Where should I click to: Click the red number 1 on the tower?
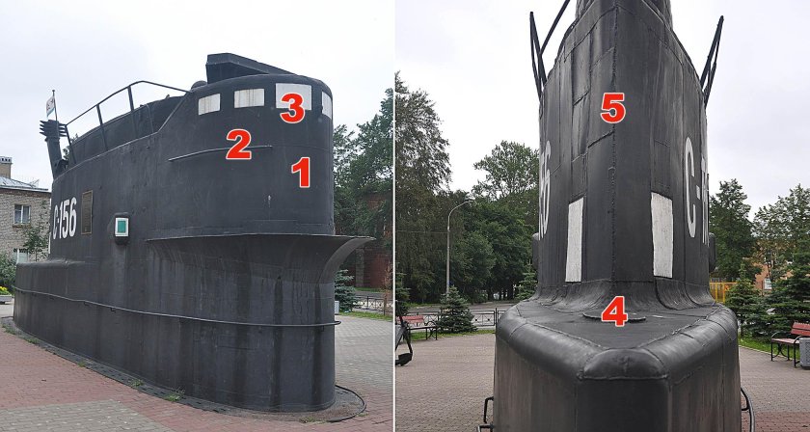pyautogui.click(x=301, y=172)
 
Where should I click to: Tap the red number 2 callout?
pyautogui.click(x=238, y=144)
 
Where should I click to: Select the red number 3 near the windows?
pyautogui.click(x=291, y=107)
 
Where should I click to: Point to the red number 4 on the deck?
pyautogui.click(x=614, y=310)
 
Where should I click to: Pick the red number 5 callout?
pyautogui.click(x=612, y=107)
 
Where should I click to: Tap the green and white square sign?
pyautogui.click(x=121, y=227)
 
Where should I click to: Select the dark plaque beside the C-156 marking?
pyautogui.click(x=87, y=211)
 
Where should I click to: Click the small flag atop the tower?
pyautogui.click(x=50, y=104)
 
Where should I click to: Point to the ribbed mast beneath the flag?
pyautogui.click(x=50, y=145)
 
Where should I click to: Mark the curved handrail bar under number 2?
pyautogui.click(x=218, y=151)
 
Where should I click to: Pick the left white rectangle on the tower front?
pyautogui.click(x=575, y=239)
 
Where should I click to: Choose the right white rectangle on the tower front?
pyautogui.click(x=661, y=234)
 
